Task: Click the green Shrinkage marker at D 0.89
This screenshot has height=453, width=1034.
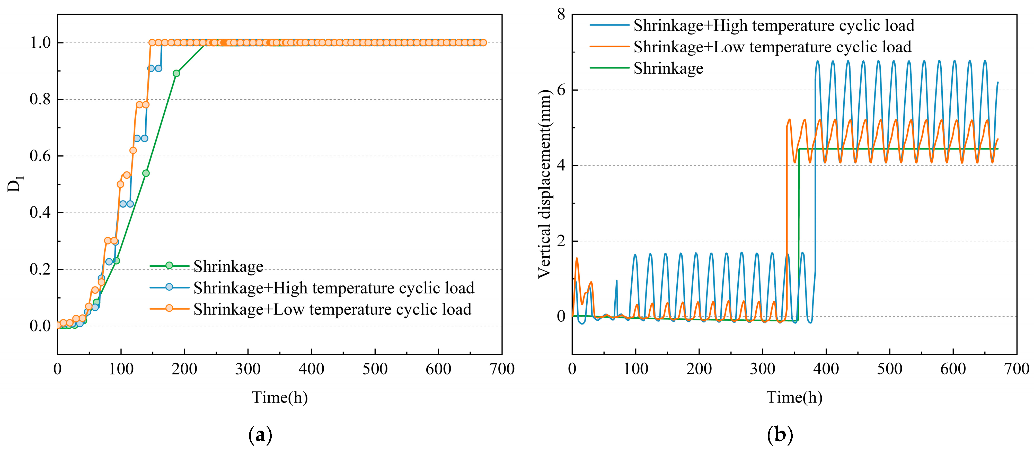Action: [176, 73]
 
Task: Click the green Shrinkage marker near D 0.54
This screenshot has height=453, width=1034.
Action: [146, 173]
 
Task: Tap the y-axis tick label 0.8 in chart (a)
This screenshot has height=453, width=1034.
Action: [40, 99]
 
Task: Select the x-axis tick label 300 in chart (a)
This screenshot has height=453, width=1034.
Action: [248, 369]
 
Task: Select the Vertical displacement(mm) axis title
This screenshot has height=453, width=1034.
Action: [544, 184]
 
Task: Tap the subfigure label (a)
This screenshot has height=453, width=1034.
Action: [260, 435]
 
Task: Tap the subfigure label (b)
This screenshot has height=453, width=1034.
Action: [780, 435]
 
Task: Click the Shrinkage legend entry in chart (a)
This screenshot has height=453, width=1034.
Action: [228, 266]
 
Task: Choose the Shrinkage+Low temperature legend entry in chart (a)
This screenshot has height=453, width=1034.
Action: [332, 309]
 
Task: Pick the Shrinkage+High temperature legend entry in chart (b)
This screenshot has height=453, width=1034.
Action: [773, 25]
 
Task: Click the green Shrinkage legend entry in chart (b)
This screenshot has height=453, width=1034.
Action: [668, 68]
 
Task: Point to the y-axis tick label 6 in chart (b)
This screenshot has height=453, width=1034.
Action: [561, 90]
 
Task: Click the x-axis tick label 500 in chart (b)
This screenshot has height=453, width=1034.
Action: [889, 369]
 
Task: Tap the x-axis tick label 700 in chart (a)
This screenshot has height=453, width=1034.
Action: [502, 369]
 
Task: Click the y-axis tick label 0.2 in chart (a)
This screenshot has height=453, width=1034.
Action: [40, 269]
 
